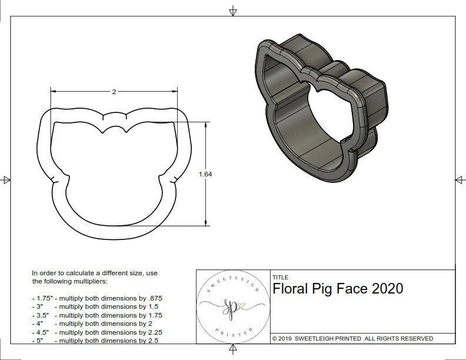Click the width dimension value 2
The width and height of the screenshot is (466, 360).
click(x=114, y=91)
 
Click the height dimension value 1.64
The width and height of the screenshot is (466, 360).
click(x=205, y=174)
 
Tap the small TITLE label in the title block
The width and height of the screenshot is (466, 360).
click(x=281, y=277)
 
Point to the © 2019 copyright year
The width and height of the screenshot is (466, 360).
click(x=285, y=339)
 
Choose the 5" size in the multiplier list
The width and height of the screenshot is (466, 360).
click(x=40, y=341)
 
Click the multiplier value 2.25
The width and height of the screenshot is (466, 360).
click(x=152, y=332)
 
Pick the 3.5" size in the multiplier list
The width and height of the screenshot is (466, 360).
click(x=41, y=315)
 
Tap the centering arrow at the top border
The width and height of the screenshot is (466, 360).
click(x=233, y=11)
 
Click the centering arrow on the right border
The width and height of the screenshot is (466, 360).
click(x=459, y=179)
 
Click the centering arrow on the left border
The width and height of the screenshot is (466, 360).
click(x=6, y=179)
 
